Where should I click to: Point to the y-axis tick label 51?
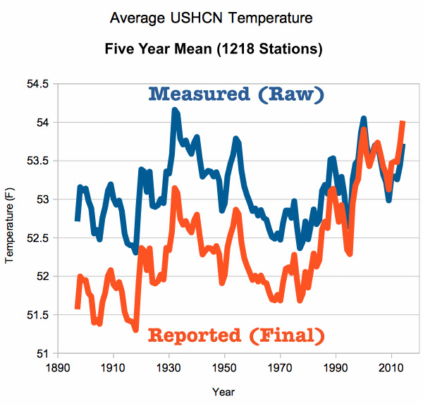(x=42, y=353)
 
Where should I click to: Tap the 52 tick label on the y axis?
(x=42, y=276)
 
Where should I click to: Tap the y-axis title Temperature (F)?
(x=8, y=219)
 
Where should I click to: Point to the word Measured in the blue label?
(x=199, y=94)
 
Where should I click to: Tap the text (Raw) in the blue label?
(x=288, y=94)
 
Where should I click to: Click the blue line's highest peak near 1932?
(x=174, y=111)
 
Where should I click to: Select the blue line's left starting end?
(x=77, y=220)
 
